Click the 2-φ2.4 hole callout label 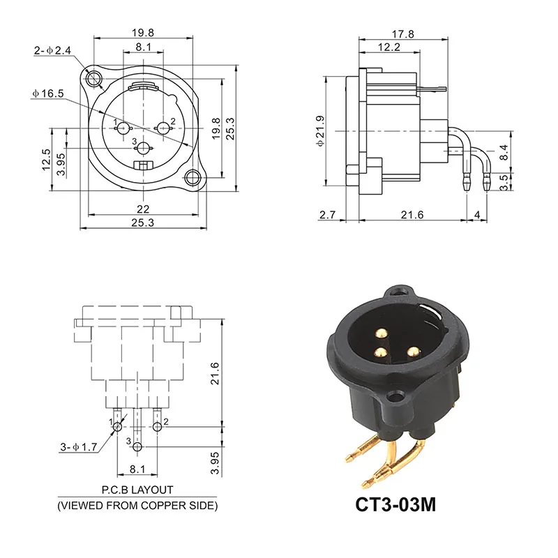coord(52,50)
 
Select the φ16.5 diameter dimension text coord(48,93)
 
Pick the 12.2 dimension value coord(389,47)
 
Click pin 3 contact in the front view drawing coord(144,148)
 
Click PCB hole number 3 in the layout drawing coord(138,446)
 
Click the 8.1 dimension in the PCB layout coord(137,471)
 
